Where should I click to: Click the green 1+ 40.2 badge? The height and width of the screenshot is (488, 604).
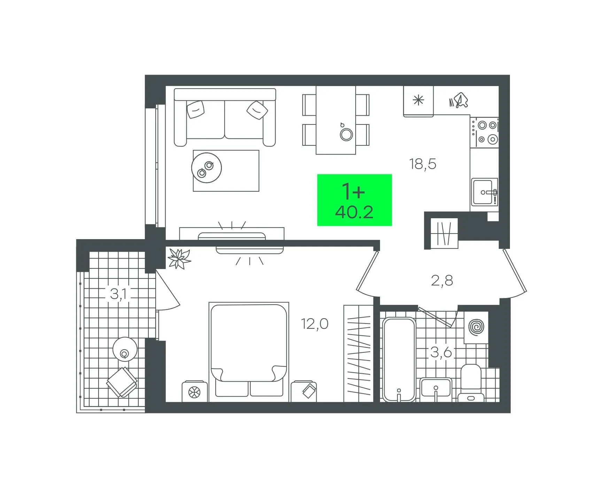pos(354,200)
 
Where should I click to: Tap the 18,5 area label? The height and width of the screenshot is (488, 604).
pos(423,164)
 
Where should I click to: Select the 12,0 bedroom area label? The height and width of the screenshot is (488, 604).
pos(315,324)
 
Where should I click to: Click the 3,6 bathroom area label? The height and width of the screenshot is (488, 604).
pos(441,352)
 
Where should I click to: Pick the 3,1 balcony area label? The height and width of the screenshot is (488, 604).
pos(118,294)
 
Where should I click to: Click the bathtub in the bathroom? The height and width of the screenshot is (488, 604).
pos(399,360)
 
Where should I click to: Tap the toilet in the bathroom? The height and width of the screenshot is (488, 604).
pos(471,383)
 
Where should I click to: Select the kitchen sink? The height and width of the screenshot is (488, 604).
pos(484,192)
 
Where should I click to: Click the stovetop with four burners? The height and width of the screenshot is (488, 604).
pos(484,132)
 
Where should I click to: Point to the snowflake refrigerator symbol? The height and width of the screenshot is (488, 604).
pos(418,100)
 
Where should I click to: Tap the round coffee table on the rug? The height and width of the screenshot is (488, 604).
pos(207,168)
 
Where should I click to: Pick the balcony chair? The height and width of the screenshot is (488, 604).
pos(122,382)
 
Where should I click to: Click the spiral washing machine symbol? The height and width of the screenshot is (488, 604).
pos(476,327)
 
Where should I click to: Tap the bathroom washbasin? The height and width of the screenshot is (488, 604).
pos(436,389)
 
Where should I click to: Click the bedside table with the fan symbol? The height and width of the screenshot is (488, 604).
pos(195,391)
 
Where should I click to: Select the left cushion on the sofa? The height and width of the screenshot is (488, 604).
pos(195,109)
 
